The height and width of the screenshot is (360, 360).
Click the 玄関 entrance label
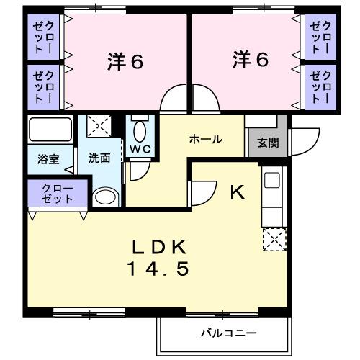267,143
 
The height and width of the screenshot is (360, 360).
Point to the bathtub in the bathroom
49,131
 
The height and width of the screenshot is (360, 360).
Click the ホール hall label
205,140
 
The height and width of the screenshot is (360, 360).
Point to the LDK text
160,247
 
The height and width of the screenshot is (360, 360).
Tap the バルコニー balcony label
228,333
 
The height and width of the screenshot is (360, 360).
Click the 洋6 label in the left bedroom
125,62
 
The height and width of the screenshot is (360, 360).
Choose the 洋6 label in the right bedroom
250,60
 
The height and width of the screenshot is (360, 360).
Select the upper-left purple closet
42,37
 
